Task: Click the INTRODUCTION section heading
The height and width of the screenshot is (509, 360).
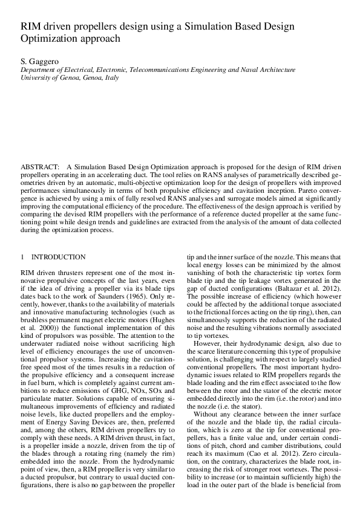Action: [x=59, y=257]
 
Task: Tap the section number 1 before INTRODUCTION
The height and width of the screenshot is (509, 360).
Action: [x=22, y=257]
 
